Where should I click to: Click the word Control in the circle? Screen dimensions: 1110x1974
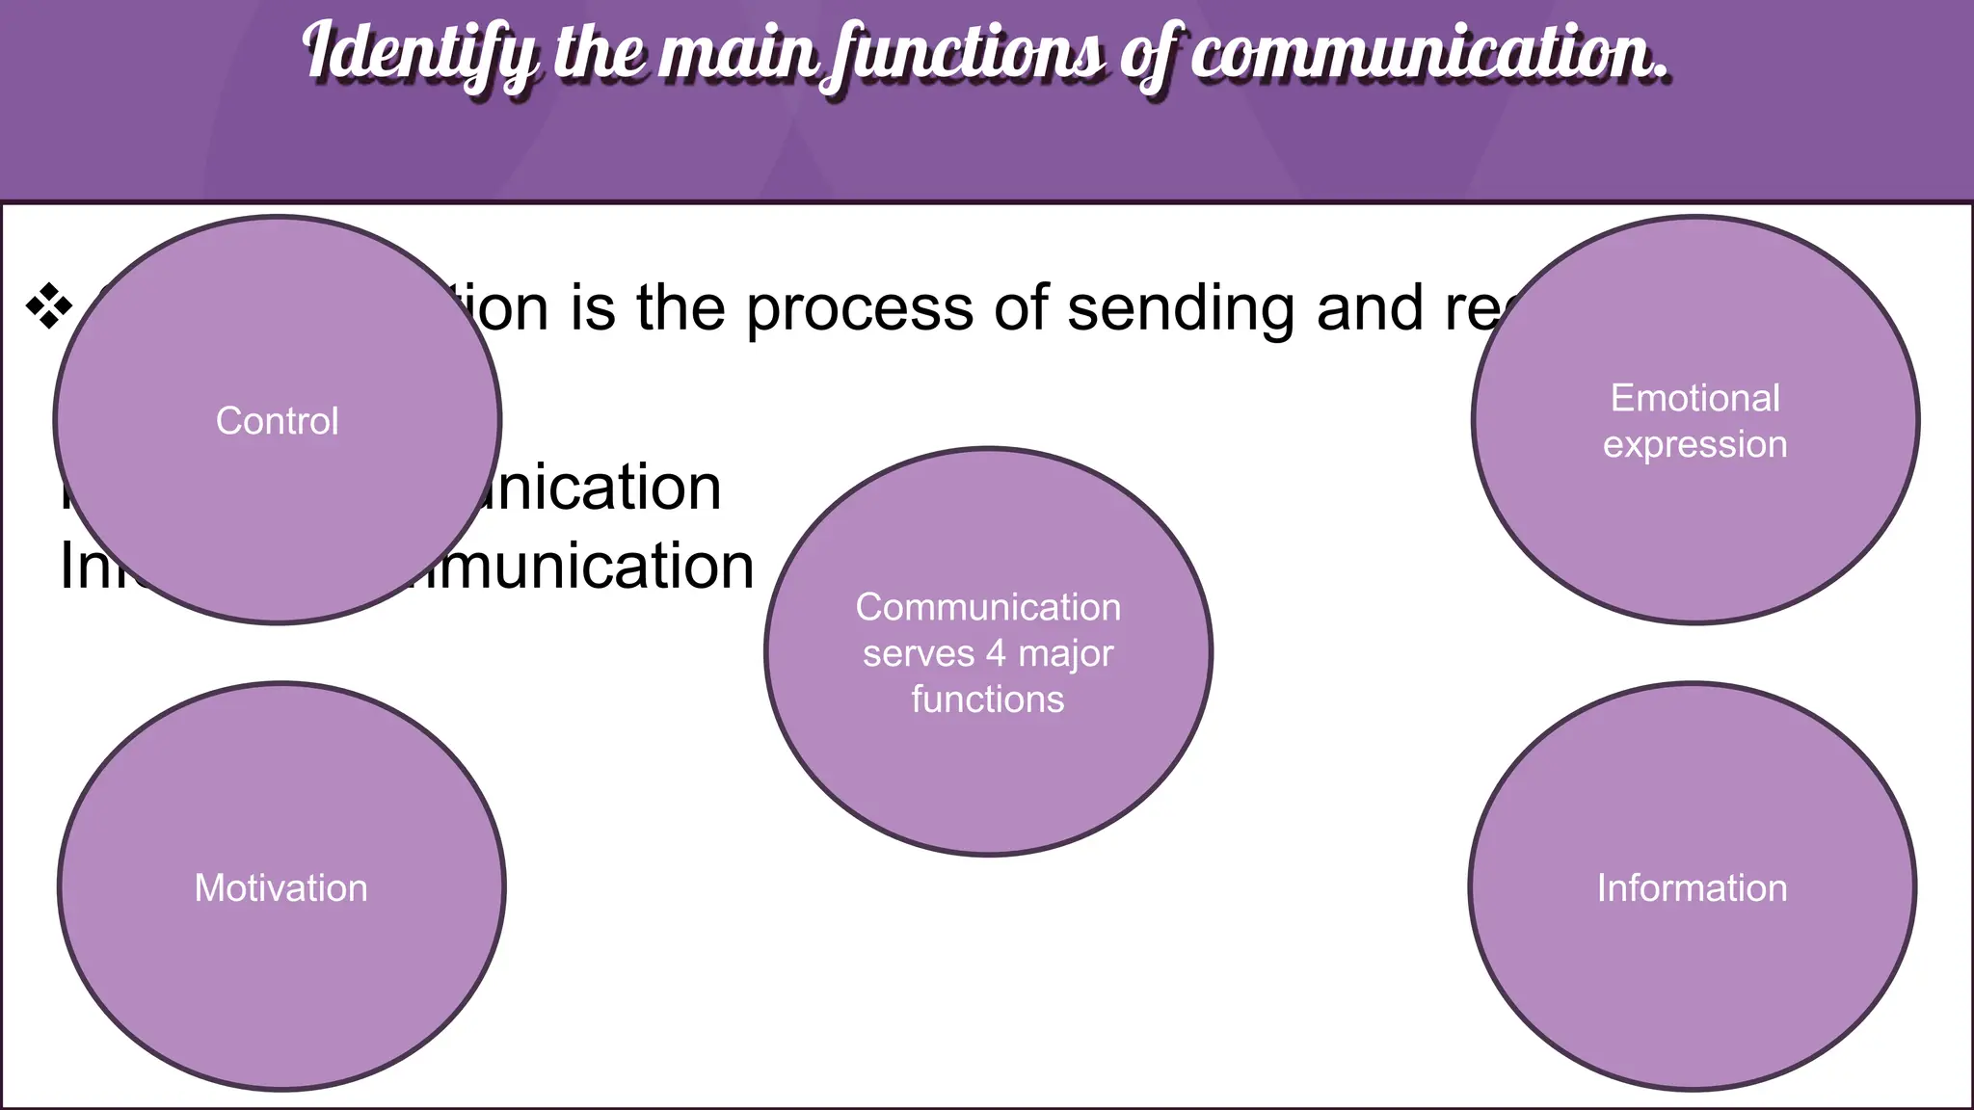coord(277,421)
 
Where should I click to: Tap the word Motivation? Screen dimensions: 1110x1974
coord(280,887)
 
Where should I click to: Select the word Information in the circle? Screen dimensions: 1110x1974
coord(1692,887)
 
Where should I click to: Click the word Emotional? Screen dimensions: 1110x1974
coord(1694,398)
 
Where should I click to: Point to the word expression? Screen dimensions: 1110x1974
coord(1694,444)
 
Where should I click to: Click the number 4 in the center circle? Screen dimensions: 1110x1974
coord(996,653)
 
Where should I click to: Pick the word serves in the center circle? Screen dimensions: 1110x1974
coord(918,653)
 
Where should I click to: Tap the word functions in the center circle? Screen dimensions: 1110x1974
coord(988,699)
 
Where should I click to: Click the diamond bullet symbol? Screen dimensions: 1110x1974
coord(49,308)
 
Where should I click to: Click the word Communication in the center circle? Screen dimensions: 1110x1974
coord(988,607)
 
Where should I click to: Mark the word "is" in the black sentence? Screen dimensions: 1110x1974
coord(592,308)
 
